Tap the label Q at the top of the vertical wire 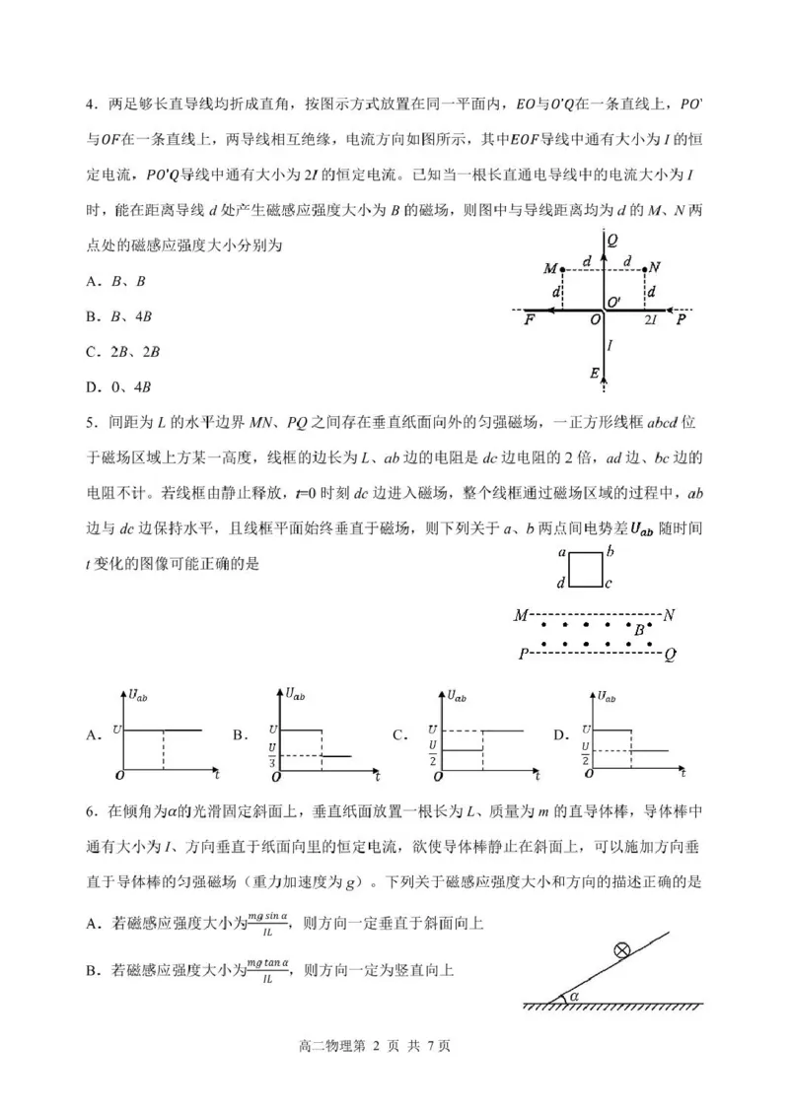612,239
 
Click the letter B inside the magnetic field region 639,630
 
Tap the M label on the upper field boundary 520,616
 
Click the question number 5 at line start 88,423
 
